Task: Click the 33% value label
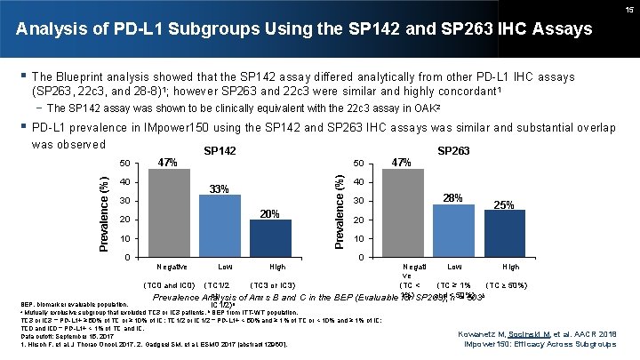click(220, 188)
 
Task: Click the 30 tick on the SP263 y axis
click(357, 202)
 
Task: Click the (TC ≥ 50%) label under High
click(512, 284)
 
